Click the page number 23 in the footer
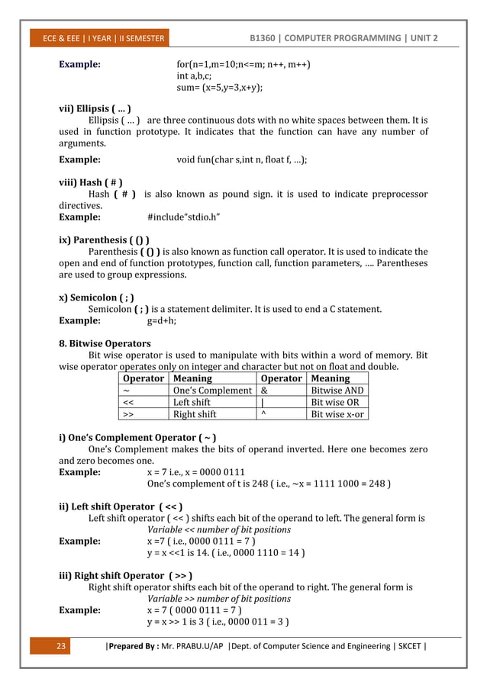point(62,647)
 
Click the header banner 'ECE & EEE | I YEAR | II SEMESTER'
point(102,39)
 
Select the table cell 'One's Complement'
point(211,390)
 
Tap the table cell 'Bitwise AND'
point(337,390)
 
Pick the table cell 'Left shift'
point(192,402)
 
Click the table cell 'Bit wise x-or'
point(337,414)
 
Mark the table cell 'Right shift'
point(195,414)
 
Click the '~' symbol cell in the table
point(125,390)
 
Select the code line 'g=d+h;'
point(162,321)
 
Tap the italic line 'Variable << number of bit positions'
point(218,529)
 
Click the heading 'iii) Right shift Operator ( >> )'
point(125,575)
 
